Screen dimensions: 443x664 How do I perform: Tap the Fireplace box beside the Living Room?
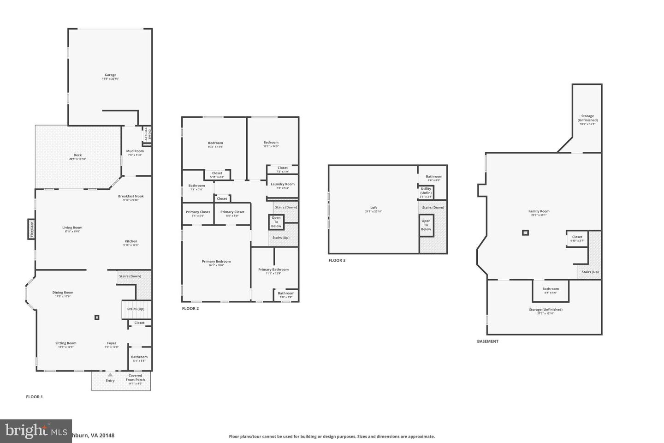click(32, 229)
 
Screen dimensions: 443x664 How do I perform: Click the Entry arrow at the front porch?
click(110, 375)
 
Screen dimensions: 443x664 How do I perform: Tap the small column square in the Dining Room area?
click(97, 317)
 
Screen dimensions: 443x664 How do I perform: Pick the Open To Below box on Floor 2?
click(276, 222)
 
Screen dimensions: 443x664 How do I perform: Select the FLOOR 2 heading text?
click(190, 309)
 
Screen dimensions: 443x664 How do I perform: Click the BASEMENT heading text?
click(487, 341)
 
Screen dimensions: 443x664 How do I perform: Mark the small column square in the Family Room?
click(525, 233)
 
